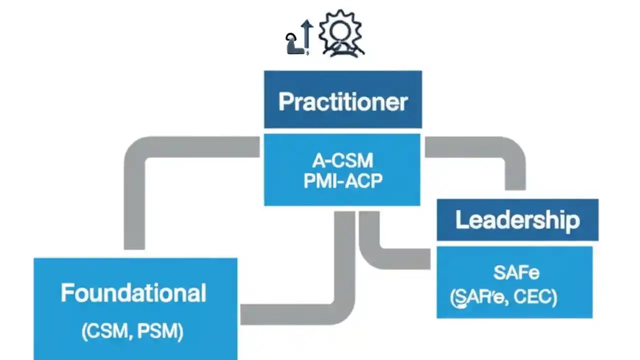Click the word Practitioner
click(343, 101)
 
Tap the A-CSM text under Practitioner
click(343, 161)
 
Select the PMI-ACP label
click(343, 180)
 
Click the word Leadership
click(517, 220)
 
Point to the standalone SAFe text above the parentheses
click(516, 273)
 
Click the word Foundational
click(133, 293)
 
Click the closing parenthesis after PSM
click(181, 332)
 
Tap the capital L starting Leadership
click(461, 220)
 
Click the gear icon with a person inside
click(341, 33)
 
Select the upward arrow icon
click(306, 36)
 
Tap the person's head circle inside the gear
click(342, 29)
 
